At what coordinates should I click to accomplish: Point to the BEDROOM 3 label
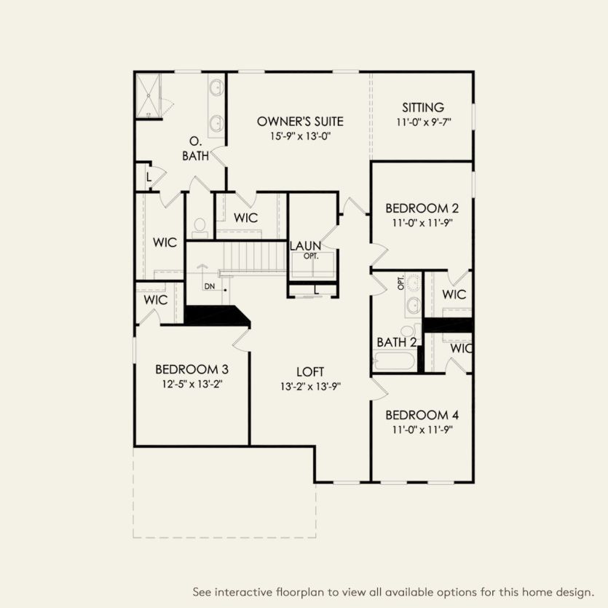coord(187,369)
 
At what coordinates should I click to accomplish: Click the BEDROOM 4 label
coord(422,415)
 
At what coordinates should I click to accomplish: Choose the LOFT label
coord(310,371)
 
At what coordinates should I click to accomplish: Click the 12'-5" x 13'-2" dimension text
coord(188,384)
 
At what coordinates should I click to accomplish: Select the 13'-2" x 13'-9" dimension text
coord(310,386)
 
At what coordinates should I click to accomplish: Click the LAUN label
coord(305,246)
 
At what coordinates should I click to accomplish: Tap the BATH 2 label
coord(396,341)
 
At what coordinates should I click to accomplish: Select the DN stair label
coord(210,287)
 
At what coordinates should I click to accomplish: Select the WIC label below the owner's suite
coord(246,218)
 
